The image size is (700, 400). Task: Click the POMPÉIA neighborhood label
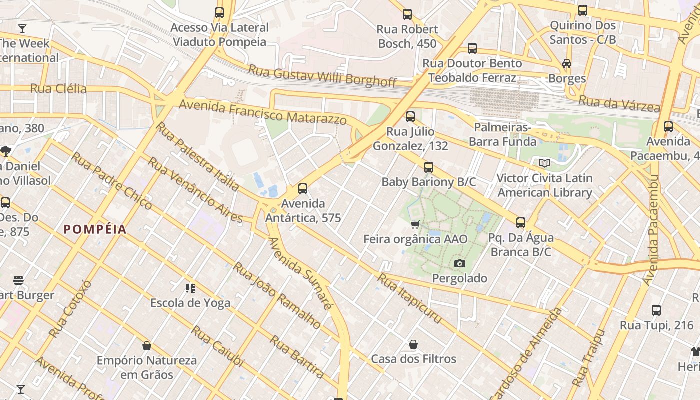[x=95, y=229]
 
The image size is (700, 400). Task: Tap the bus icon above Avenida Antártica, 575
[x=302, y=189]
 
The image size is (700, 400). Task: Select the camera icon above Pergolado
[x=459, y=263]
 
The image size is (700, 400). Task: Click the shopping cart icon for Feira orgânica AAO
[x=415, y=224]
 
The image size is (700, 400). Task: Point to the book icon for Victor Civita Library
[x=544, y=163]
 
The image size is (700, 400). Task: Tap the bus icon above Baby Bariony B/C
[x=428, y=167]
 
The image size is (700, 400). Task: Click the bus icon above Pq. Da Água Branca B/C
[x=520, y=223]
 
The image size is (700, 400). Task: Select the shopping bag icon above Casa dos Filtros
[x=413, y=344]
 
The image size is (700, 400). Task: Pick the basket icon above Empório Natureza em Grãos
[x=147, y=345]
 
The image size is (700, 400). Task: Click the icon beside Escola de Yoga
[x=190, y=288]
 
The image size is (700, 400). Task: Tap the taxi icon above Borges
[x=566, y=64]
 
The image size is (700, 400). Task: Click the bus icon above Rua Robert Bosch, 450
[x=407, y=14]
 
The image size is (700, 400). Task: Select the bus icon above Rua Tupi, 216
[x=656, y=310]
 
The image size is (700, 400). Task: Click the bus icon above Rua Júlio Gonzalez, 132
[x=410, y=117]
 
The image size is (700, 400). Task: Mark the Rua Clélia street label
[x=58, y=89]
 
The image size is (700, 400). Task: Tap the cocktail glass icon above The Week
[x=22, y=28]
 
